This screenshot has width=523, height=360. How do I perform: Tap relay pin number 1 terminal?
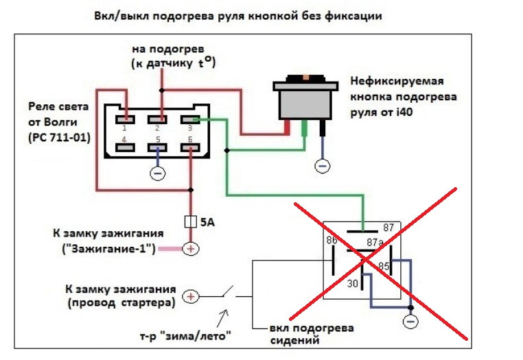pyautogui.click(x=124, y=119)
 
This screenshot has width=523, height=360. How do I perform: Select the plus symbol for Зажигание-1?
pyautogui.click(x=191, y=249)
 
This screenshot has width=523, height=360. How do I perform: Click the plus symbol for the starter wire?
pyautogui.click(x=191, y=296)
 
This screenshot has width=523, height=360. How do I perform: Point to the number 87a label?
pyautogui.click(x=375, y=242)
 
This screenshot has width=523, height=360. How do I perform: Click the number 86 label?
pyautogui.click(x=332, y=240)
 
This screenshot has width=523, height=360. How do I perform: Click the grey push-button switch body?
pyautogui.click(x=305, y=102)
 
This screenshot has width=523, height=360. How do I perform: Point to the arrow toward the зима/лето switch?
pyautogui.click(x=224, y=317)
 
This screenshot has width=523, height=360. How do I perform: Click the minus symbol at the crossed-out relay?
pyautogui.click(x=410, y=321)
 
